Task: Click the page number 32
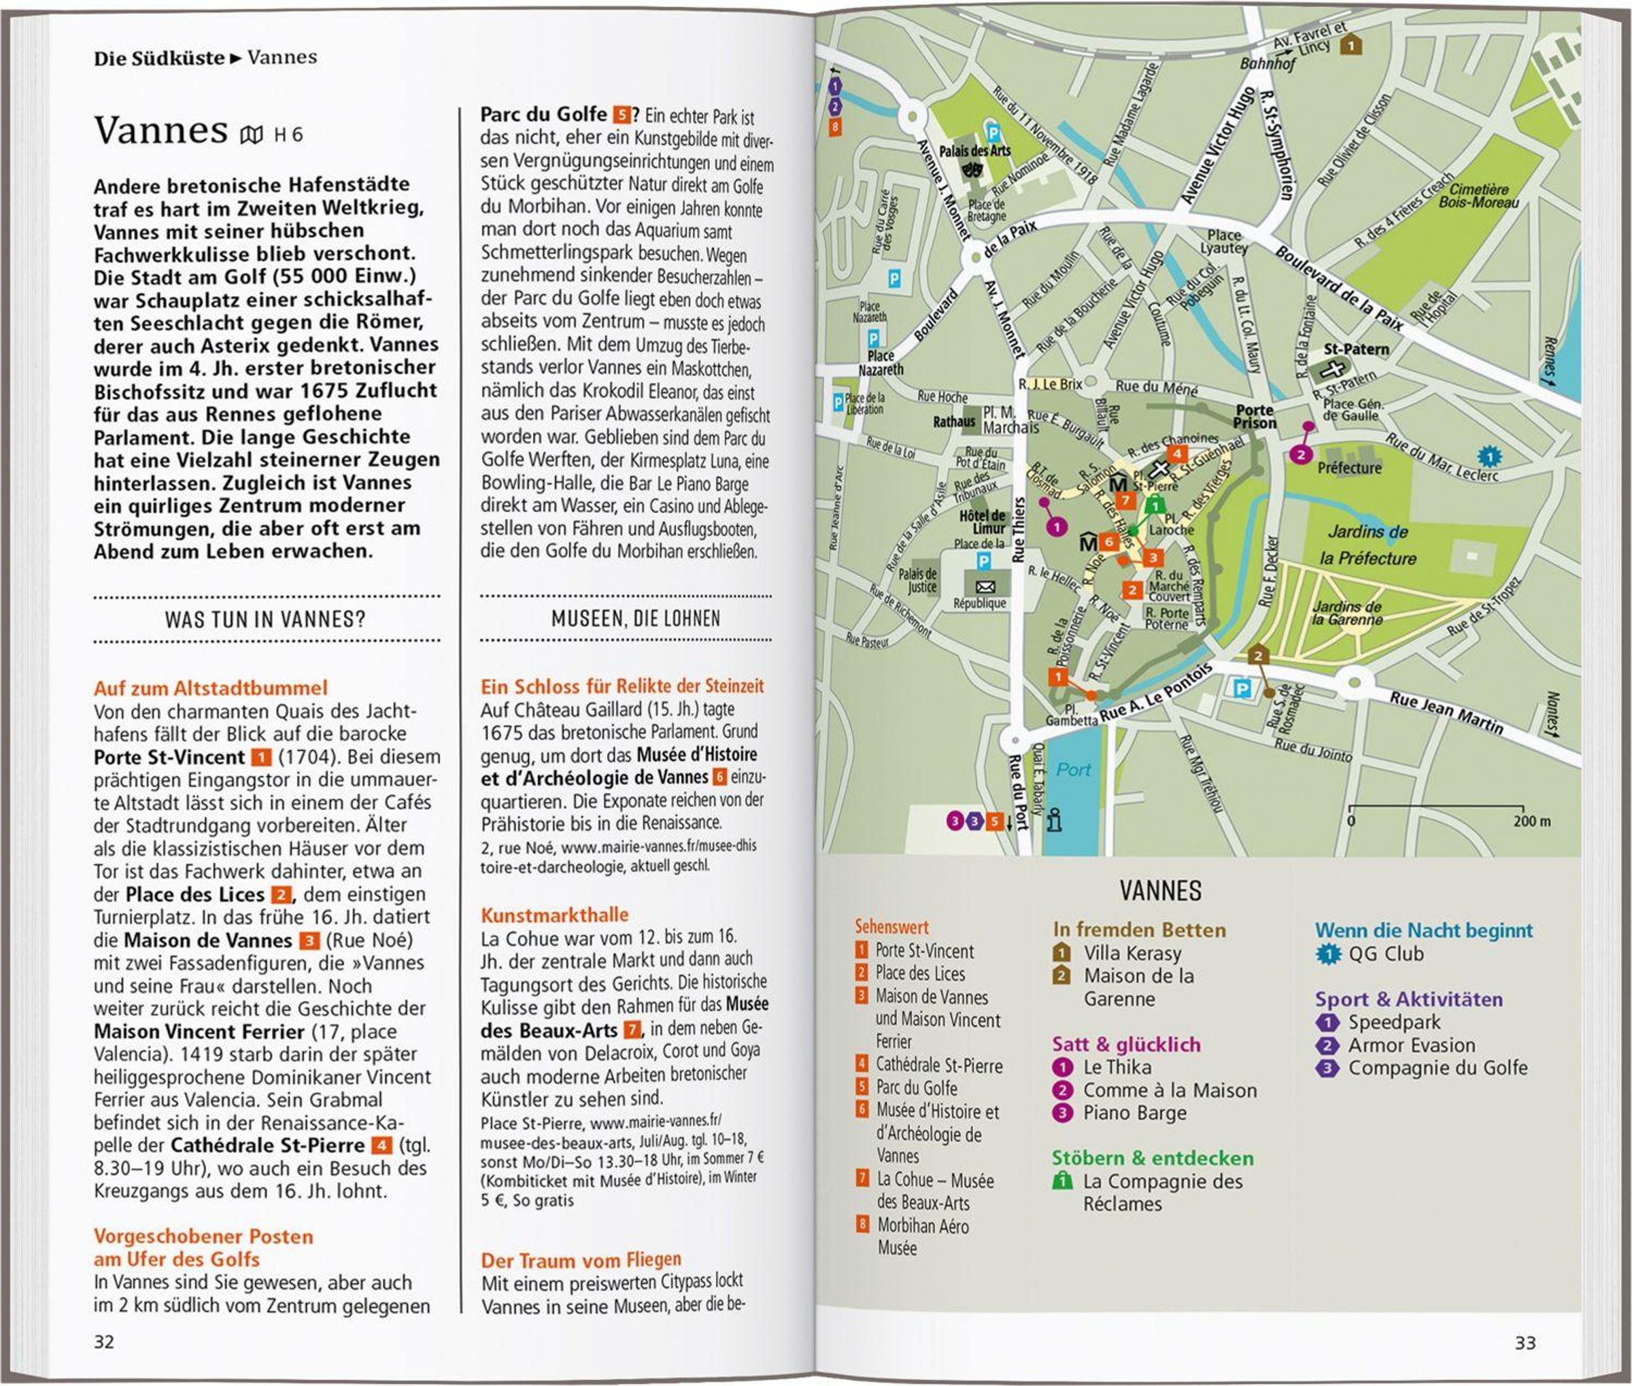coord(104,1341)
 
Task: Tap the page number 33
coord(1525,1342)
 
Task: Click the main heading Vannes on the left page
coord(161,131)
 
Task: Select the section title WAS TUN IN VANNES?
coord(266,620)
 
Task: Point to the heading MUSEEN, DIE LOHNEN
coord(636,619)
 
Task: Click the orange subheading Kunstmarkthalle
coord(555,915)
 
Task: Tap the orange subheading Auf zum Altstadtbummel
coord(211,688)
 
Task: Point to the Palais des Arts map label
coord(974,151)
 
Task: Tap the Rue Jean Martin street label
coord(1446,712)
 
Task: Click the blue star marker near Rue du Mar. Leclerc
coord(1487,456)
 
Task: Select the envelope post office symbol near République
coord(985,587)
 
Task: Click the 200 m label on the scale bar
coord(1531,822)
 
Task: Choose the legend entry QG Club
coord(1385,954)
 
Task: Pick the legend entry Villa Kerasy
coord(1132,953)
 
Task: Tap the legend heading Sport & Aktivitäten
coord(1409,1000)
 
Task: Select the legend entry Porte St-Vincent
coord(924,951)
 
